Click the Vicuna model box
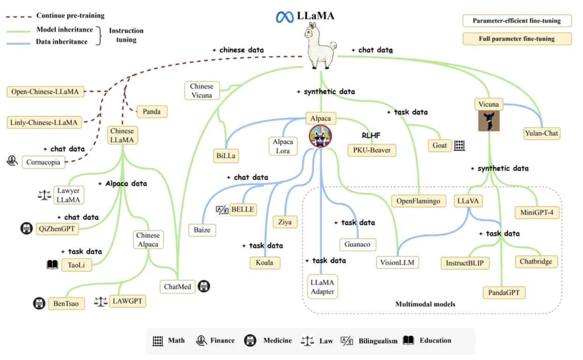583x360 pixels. click(x=489, y=104)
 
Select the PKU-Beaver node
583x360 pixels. click(x=371, y=150)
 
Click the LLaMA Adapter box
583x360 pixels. click(x=323, y=287)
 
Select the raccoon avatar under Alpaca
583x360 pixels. click(x=320, y=137)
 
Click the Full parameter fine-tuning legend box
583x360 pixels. click(x=517, y=39)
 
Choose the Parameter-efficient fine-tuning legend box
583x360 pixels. click(x=517, y=21)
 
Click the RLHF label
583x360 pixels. click(x=371, y=136)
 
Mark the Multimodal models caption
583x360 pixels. click(x=425, y=304)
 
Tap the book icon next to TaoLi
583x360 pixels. click(x=52, y=265)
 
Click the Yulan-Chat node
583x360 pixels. click(x=541, y=133)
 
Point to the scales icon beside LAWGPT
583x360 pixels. click(x=100, y=302)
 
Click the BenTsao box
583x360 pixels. click(x=66, y=303)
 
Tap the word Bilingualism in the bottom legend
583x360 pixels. click(x=378, y=341)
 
